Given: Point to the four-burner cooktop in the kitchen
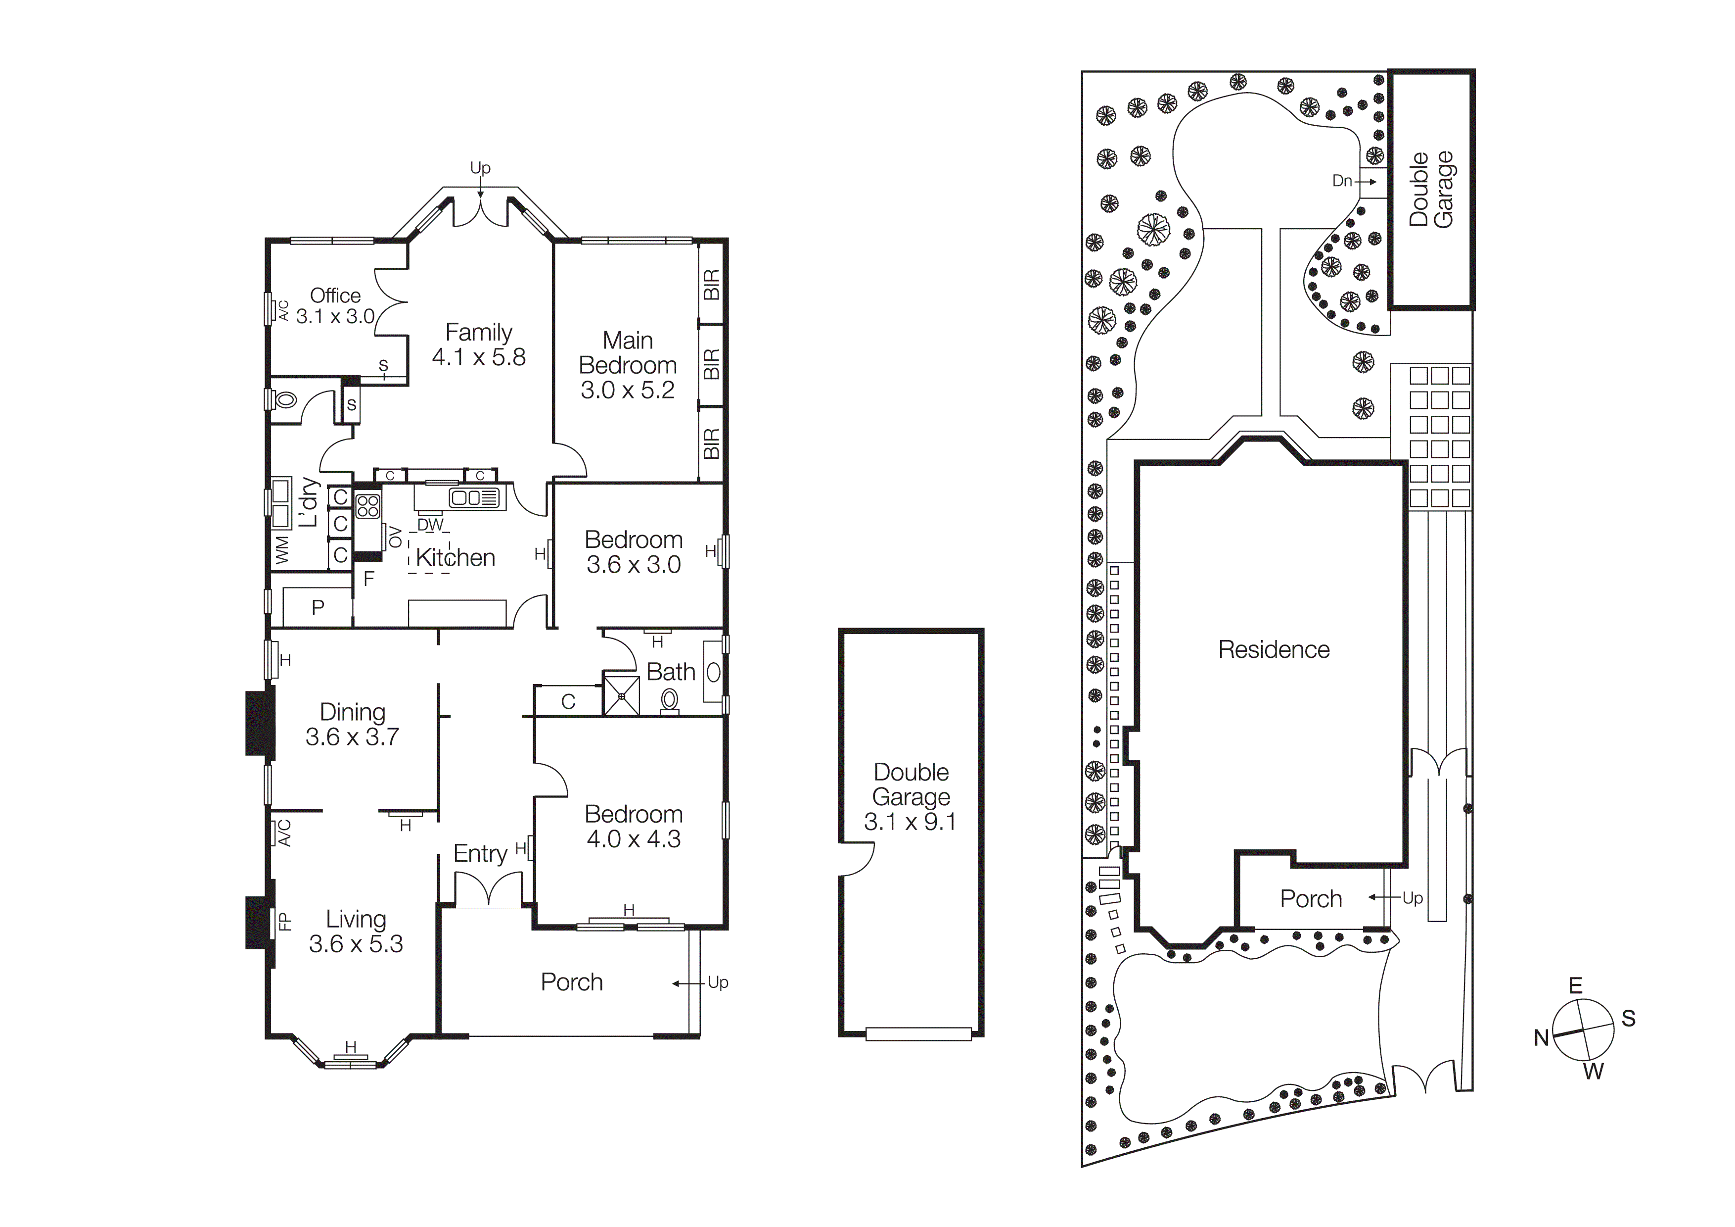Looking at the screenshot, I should pos(368,506).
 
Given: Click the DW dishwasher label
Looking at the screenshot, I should pos(430,525).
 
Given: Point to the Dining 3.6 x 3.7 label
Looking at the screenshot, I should pos(352,724).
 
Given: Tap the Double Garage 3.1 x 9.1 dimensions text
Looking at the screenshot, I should pos(910,822).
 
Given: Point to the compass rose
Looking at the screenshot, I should pos(1583,1030).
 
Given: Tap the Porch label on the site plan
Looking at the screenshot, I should pos(1310,899).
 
